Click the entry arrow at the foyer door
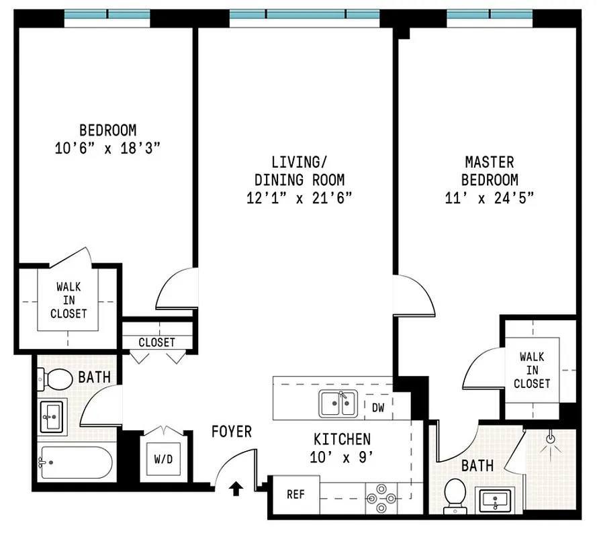pos(236,487)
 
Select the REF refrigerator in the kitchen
pos(295,495)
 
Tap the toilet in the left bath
pos(56,380)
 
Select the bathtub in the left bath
pos(74,462)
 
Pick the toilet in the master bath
pos(456,494)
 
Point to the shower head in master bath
pos(551,438)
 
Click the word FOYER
pos(232,431)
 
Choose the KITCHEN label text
pos(342,440)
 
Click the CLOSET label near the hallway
pos(156,342)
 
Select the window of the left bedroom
pos(107,15)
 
